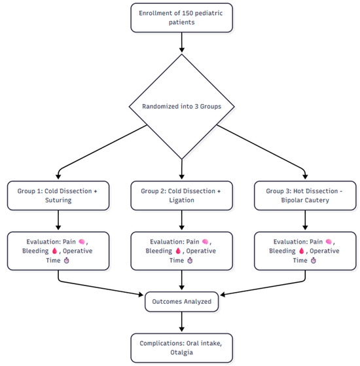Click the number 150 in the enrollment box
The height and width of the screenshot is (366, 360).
187,13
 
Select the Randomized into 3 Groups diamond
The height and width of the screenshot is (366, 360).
182,107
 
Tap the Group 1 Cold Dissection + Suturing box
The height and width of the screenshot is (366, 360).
58,196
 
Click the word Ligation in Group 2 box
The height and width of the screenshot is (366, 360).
181,200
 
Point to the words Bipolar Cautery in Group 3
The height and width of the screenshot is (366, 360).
305,200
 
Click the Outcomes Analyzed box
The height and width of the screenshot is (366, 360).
182,302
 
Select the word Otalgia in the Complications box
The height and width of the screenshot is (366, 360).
181,352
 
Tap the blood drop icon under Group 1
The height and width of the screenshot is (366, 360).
54,251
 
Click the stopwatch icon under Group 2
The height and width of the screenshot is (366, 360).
190,261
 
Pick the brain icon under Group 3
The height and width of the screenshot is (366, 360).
329,242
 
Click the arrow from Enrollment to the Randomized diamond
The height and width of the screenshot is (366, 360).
182,43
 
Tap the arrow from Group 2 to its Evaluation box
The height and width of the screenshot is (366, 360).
182,220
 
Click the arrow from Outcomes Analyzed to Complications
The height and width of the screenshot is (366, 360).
182,321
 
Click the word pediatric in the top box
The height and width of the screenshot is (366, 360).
209,13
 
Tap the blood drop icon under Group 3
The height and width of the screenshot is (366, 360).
302,251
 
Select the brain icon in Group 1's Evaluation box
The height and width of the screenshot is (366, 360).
82,242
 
